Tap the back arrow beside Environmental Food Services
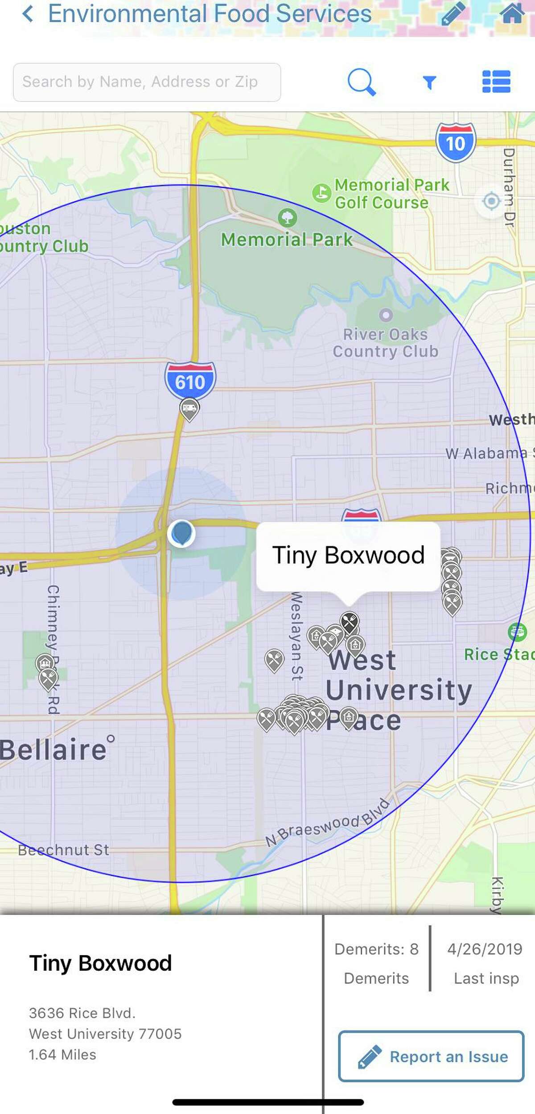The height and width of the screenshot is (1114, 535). tap(28, 14)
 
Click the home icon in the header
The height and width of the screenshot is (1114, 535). tap(512, 13)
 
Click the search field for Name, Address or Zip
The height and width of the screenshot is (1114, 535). tap(147, 82)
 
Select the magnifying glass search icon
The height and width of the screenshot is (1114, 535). tap(361, 82)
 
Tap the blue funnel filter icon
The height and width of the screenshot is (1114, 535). tap(429, 82)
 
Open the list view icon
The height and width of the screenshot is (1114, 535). tap(496, 82)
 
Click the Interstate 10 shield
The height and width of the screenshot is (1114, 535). tap(456, 142)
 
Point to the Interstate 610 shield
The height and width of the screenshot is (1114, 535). tap(190, 381)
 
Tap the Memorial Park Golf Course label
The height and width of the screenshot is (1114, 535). tap(391, 194)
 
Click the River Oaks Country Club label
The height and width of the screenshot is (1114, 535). tap(386, 343)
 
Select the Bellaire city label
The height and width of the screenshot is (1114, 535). tap(53, 750)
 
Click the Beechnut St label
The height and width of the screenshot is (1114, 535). tap(63, 850)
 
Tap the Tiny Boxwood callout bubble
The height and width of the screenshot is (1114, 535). tap(348, 556)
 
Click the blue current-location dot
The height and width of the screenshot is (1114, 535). tap(181, 533)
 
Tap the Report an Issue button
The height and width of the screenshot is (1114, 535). tap(431, 1056)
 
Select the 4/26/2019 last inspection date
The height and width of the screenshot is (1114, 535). tap(485, 949)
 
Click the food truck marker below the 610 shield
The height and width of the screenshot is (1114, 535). tap(189, 409)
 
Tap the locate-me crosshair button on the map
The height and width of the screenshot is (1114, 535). tap(491, 201)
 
